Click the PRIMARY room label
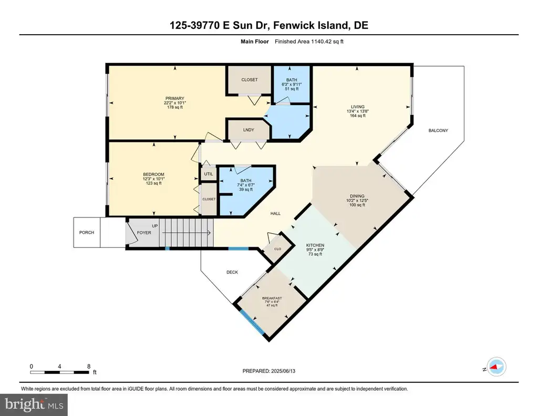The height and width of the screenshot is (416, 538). pos(174,98)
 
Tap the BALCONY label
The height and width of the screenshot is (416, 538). pos(438,130)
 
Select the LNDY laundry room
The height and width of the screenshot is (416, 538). pos(249,130)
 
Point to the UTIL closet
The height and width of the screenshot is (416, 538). pos(209,174)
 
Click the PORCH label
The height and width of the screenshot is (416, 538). pos(87,233)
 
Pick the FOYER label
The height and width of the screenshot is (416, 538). pos(144,233)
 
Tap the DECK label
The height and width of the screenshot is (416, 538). pos(232,272)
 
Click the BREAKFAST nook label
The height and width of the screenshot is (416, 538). pos(272,298)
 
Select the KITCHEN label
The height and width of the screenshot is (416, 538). pos(315,245)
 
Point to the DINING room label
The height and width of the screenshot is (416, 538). pos(357,196)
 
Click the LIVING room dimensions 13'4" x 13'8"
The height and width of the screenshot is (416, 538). pos(357,111)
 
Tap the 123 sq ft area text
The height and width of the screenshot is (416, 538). pos(154,183)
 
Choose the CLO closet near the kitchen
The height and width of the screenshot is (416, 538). pos(277,249)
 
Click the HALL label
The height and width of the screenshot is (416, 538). pos(275,213)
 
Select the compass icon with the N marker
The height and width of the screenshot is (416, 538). pos(496,367)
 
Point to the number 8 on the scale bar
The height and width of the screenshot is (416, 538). pos(89,366)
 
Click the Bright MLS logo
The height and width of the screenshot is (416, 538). pos(34,404)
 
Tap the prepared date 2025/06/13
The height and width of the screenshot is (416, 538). pos(283,371)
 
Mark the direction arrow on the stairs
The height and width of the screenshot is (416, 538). pos(187,233)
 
